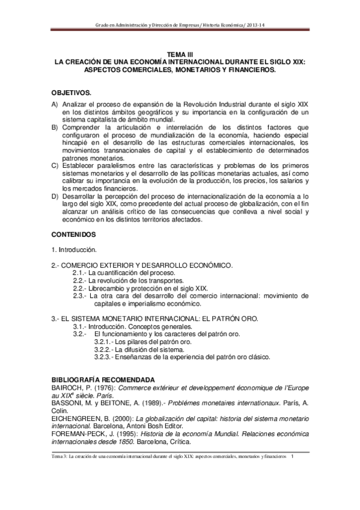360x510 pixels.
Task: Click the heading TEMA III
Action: [180, 54]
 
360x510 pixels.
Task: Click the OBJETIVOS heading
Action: [72, 94]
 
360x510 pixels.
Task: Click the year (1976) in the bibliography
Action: [106, 389]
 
